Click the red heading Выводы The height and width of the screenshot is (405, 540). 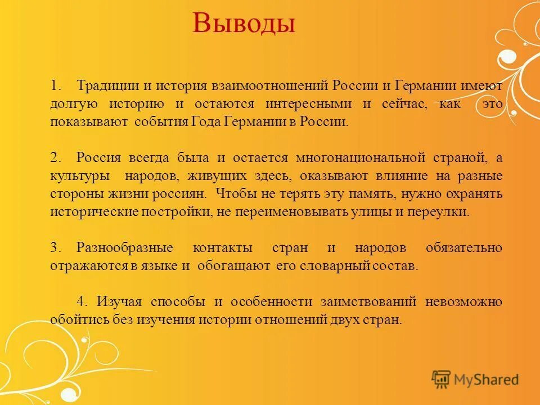pyautogui.click(x=244, y=24)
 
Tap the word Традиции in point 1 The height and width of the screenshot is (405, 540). pyautogui.click(x=106, y=86)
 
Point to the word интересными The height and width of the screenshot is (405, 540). pyautogui.click(x=309, y=104)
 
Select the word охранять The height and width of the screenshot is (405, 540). pyautogui.click(x=474, y=194)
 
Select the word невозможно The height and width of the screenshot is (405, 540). pyautogui.click(x=464, y=302)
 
